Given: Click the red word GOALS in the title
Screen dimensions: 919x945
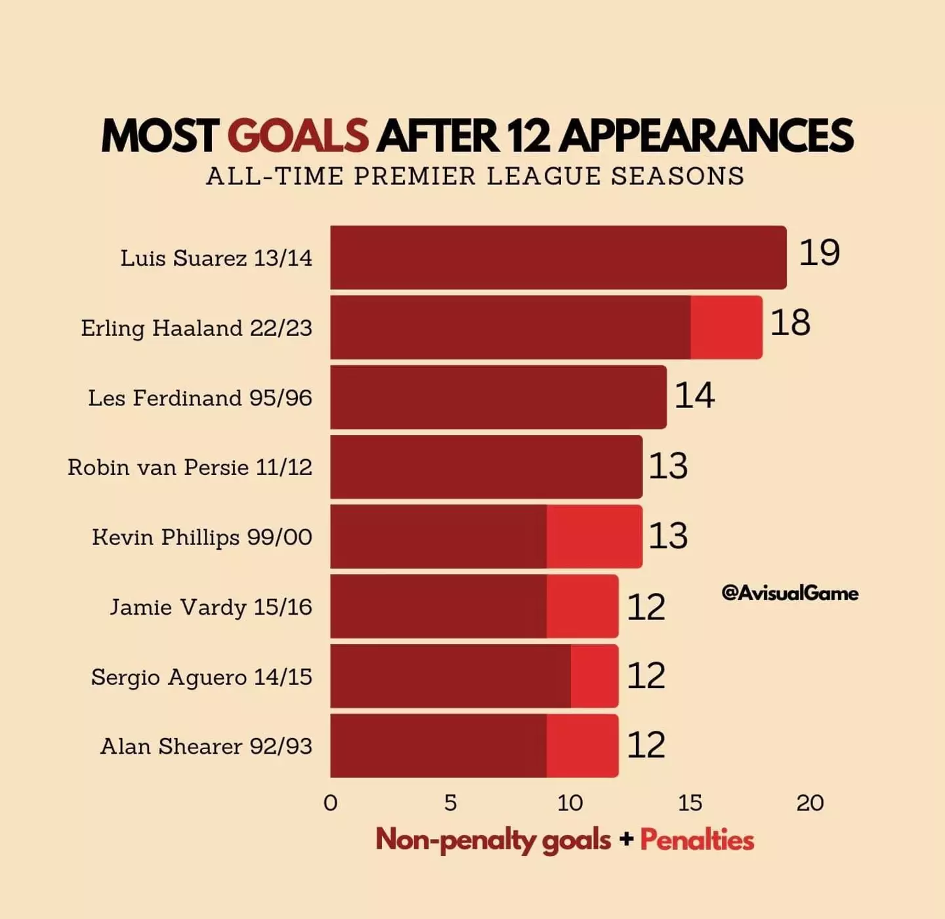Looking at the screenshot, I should tap(298, 136).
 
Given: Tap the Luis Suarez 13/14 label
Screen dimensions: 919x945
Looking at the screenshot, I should tap(216, 258).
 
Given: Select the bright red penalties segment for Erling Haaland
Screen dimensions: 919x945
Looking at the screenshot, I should tap(726, 327).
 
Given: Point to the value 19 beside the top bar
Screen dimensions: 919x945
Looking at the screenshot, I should tap(819, 253).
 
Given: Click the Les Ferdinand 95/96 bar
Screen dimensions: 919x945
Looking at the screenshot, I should tap(498, 397).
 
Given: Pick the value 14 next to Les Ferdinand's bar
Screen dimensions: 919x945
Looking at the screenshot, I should tap(694, 395).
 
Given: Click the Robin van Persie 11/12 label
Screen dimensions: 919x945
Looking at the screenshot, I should tap(190, 467).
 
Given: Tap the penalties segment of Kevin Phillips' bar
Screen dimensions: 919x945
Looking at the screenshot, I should tap(594, 536).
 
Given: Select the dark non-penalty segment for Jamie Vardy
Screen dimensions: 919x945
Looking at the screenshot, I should tap(438, 606).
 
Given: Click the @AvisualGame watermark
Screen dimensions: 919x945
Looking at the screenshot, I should tap(789, 593).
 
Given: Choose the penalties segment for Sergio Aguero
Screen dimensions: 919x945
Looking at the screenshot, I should tap(594, 676).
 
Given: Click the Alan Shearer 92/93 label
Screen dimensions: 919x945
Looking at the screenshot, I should tap(206, 746).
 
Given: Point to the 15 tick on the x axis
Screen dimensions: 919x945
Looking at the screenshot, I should tap(690, 803).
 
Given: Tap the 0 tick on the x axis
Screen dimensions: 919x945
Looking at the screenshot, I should tap(331, 803).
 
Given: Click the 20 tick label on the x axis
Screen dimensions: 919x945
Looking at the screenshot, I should tap(810, 803).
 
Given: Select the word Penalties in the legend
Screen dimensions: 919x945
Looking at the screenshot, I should tap(697, 840).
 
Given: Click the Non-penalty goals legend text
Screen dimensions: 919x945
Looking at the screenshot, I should tap(493, 840).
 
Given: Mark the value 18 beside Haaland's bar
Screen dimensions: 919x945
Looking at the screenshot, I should tap(790, 323).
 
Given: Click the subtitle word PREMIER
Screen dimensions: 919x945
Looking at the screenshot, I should tap(415, 176).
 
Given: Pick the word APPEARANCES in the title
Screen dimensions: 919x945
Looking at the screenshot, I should tap(706, 136).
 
